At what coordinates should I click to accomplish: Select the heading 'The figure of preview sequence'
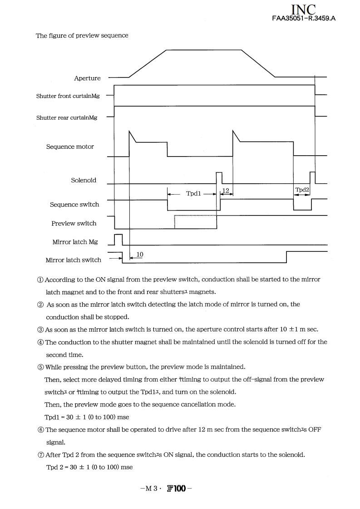(82, 35)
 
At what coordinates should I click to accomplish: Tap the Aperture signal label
(87, 78)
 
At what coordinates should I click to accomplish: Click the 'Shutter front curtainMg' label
(68, 96)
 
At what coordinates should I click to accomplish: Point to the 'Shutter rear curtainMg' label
(67, 118)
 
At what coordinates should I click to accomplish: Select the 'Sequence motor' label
(70, 147)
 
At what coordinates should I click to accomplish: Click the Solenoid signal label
(84, 180)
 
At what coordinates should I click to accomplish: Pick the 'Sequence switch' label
(74, 205)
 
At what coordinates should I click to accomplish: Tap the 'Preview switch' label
(74, 223)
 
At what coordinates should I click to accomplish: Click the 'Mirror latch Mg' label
(75, 242)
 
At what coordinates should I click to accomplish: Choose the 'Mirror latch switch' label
(74, 260)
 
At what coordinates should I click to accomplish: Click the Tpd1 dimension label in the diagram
(193, 194)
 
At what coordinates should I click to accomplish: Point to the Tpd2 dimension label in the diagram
(302, 190)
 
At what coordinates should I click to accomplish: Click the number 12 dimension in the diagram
(226, 190)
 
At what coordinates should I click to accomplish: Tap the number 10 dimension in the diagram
(140, 254)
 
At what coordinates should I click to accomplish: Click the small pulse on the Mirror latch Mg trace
(118, 240)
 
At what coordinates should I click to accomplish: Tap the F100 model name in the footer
(177, 489)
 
